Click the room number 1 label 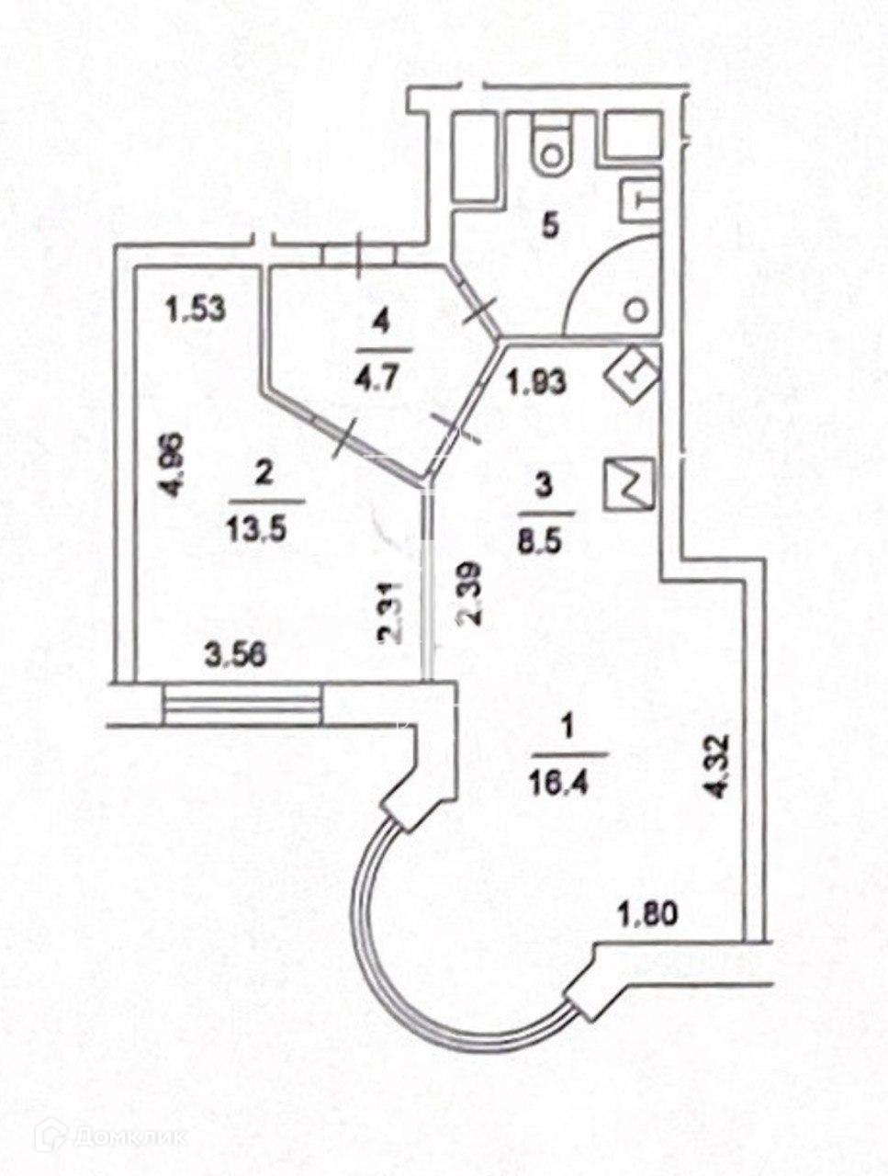568,730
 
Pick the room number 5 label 549,225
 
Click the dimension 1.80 648,914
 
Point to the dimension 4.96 180,465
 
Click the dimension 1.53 196,310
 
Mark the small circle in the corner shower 635,310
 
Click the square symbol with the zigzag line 629,484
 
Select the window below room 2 243,705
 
